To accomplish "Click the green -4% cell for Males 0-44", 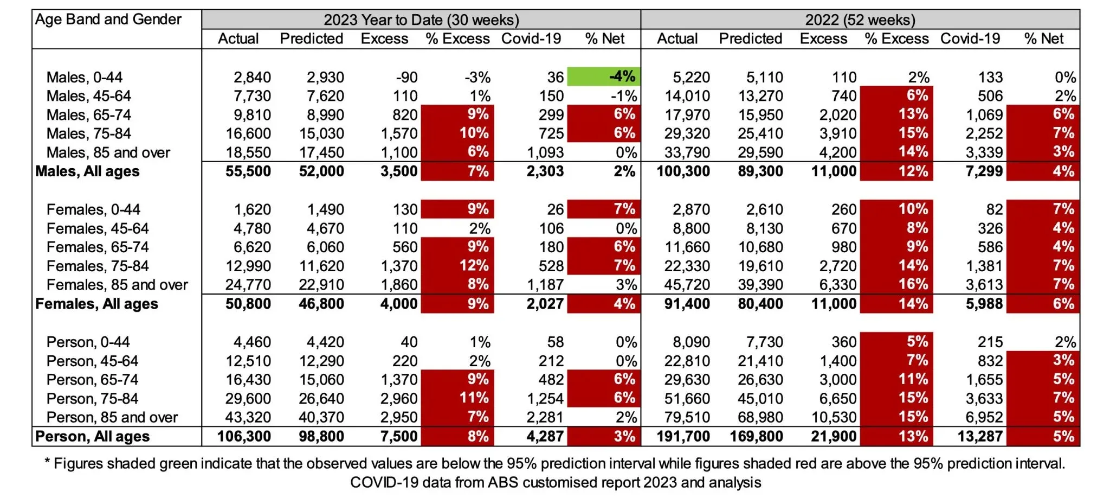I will coord(604,76).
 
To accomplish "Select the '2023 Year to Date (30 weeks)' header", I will coord(421,20).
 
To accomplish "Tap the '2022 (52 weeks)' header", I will coord(860,20).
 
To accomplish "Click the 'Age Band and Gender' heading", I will coord(108,20).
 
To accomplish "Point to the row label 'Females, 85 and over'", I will coord(117,285).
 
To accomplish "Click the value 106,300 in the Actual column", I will coord(244,437).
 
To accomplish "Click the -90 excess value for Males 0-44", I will coord(406,77).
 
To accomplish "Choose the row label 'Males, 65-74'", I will coord(89,115).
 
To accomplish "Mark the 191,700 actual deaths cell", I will coord(683,437).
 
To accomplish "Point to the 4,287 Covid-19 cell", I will coord(545,437).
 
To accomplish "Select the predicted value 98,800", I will coord(321,437).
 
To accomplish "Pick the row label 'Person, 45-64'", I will coord(92,361).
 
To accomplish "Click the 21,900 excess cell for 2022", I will coord(834,437).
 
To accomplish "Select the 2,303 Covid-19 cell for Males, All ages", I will coord(545,171).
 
